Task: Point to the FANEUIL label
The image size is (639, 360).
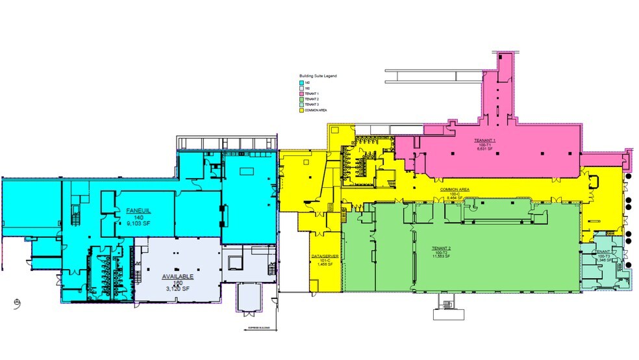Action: (x=138, y=212)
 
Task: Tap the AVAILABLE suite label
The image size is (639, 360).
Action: (x=178, y=276)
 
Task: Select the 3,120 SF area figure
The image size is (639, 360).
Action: (x=178, y=288)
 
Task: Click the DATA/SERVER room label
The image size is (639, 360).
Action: (x=325, y=256)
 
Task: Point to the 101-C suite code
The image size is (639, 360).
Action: (x=325, y=261)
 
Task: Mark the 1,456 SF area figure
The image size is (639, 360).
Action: (x=325, y=265)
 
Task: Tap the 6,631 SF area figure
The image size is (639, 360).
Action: (x=485, y=149)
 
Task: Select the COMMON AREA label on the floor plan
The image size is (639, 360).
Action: (x=455, y=190)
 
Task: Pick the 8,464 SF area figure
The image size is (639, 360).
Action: (x=455, y=198)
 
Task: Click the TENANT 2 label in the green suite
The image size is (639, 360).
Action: (x=445, y=248)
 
